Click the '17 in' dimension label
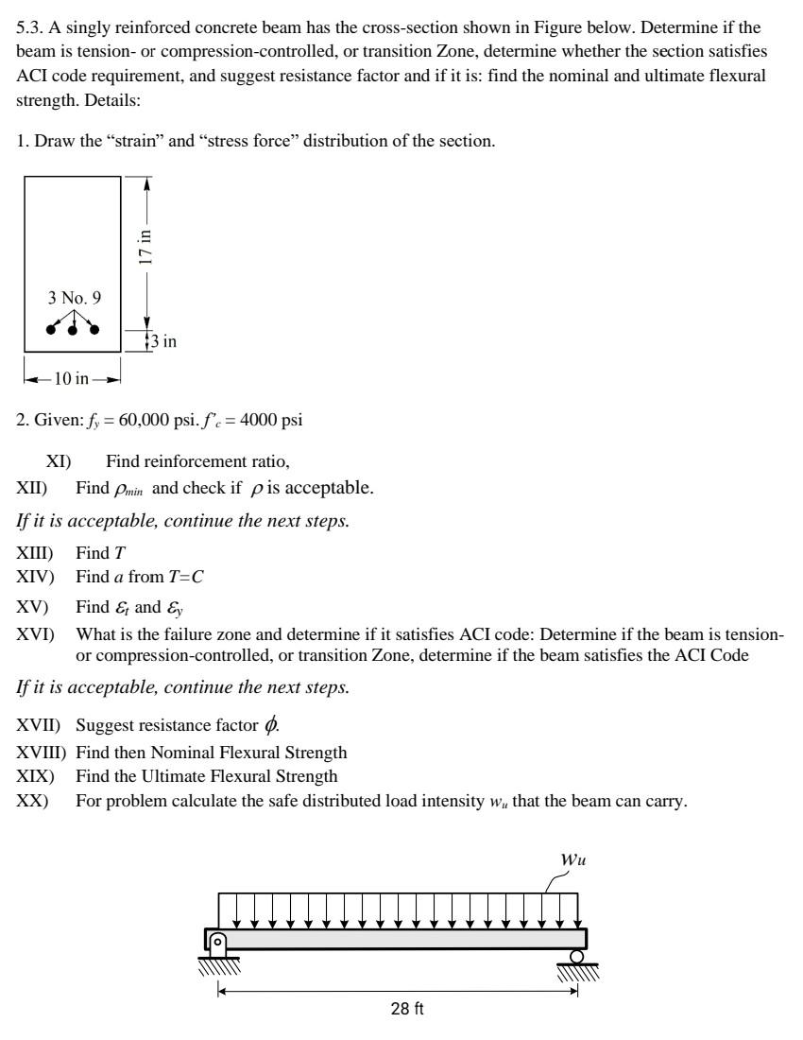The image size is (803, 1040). (x=145, y=248)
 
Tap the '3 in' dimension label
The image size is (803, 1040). (x=163, y=341)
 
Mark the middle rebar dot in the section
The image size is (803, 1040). (x=72, y=331)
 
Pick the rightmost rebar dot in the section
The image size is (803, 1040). (x=94, y=329)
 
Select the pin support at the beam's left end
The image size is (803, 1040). (x=218, y=943)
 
